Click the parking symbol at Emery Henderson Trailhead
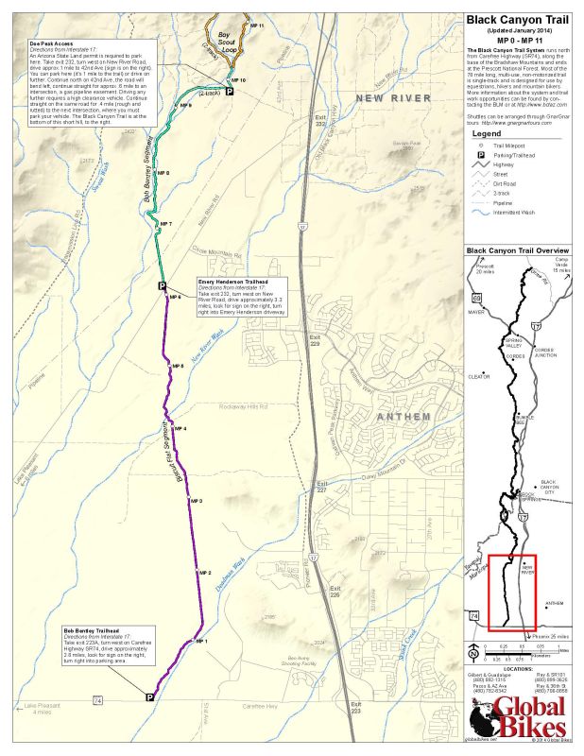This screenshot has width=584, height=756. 162,286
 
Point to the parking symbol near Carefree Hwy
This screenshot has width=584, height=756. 150,696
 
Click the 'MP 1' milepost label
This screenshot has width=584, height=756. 200,642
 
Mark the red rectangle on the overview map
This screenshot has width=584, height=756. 513,593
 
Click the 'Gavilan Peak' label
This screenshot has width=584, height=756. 404,145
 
